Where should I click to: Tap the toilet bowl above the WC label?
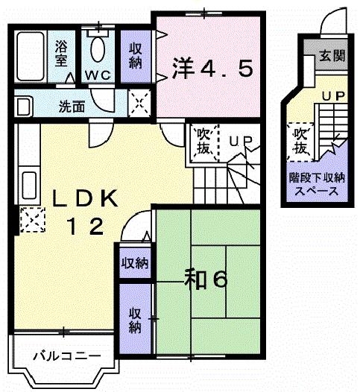(x=98, y=51)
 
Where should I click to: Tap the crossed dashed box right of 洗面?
(x=139, y=102)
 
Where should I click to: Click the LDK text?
(x=83, y=199)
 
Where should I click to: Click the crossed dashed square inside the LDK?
(x=30, y=221)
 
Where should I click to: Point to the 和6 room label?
(x=205, y=280)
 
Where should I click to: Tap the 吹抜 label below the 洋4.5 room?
(x=203, y=141)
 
